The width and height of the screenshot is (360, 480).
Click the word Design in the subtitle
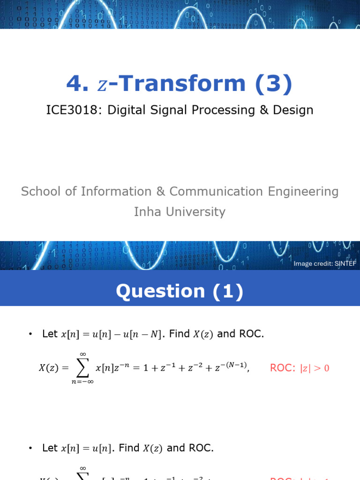(x=295, y=110)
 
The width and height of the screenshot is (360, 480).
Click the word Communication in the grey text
(x=216, y=192)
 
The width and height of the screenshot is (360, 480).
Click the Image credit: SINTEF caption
(x=325, y=263)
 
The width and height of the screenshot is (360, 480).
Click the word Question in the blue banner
(x=160, y=292)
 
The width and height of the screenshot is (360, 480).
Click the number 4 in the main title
(x=74, y=84)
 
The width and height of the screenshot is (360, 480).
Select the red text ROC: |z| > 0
(x=300, y=368)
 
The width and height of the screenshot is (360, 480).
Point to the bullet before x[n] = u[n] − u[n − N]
(x=31, y=334)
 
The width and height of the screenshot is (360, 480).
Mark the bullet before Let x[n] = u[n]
(x=31, y=449)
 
